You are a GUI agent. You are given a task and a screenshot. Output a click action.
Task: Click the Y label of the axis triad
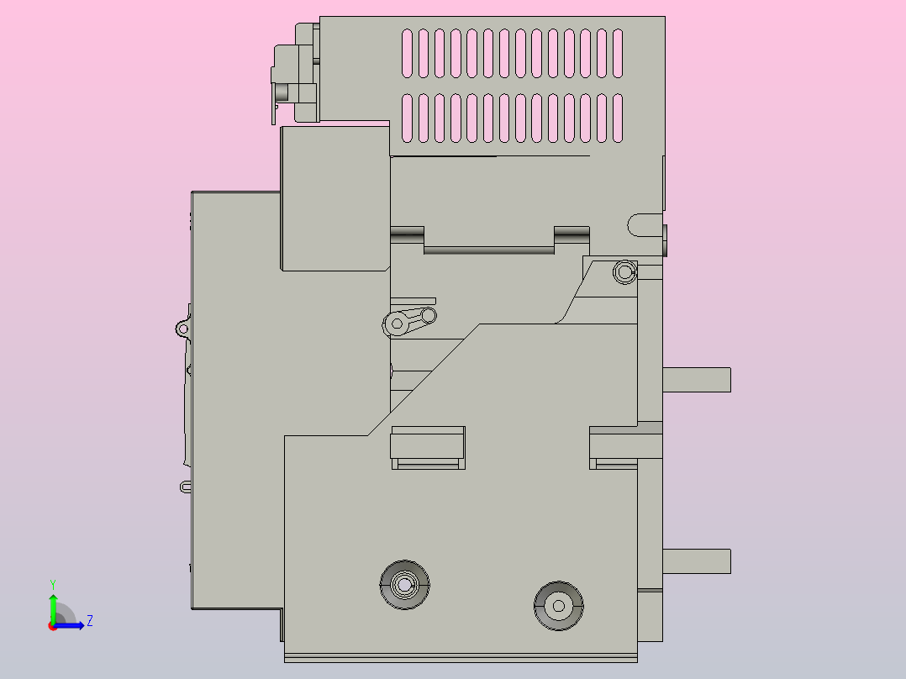tap(53, 583)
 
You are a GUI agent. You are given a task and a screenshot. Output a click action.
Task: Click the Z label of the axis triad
tap(89, 621)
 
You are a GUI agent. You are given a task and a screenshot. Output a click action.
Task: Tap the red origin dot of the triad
tap(52, 626)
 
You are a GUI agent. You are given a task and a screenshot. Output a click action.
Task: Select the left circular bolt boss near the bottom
tap(404, 584)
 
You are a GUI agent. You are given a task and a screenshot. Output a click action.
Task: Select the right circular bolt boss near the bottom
tap(559, 605)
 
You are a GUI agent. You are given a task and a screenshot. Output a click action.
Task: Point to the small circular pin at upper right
tap(624, 272)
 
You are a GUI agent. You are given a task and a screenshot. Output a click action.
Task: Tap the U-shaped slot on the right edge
tap(643, 225)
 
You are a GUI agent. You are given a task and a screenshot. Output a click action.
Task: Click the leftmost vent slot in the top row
tap(408, 54)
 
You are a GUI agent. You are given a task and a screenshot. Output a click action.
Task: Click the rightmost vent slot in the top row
tap(618, 54)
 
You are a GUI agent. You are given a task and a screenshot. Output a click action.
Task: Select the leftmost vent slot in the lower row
tap(408, 118)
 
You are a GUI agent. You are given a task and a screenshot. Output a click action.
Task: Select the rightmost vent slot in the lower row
tap(618, 118)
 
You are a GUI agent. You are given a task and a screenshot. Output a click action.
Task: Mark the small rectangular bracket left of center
tap(428, 447)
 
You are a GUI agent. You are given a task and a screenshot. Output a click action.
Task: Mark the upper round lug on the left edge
tap(182, 328)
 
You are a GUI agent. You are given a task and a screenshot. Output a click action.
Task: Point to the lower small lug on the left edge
tap(186, 486)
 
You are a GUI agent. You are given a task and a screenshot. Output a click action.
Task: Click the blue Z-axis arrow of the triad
tap(72, 625)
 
